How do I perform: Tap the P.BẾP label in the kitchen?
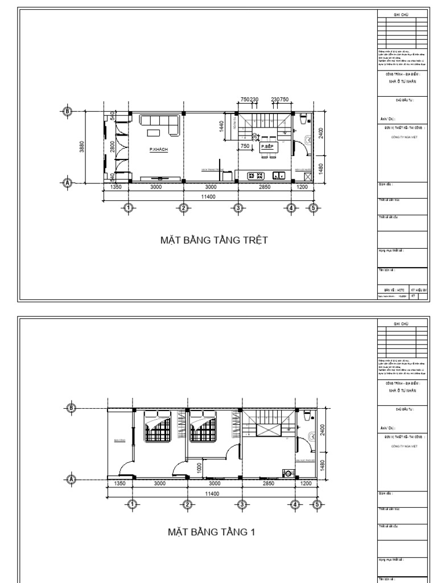click(266, 147)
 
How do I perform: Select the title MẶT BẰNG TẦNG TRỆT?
click(213, 240)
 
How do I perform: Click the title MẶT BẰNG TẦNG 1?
click(211, 532)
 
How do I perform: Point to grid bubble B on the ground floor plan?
click(68, 112)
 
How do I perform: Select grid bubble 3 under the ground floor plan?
click(238, 208)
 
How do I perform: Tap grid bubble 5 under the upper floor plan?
click(317, 503)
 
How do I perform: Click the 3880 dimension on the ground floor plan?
click(83, 147)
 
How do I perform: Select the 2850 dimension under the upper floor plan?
click(268, 483)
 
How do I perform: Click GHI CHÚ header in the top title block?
click(402, 14)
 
